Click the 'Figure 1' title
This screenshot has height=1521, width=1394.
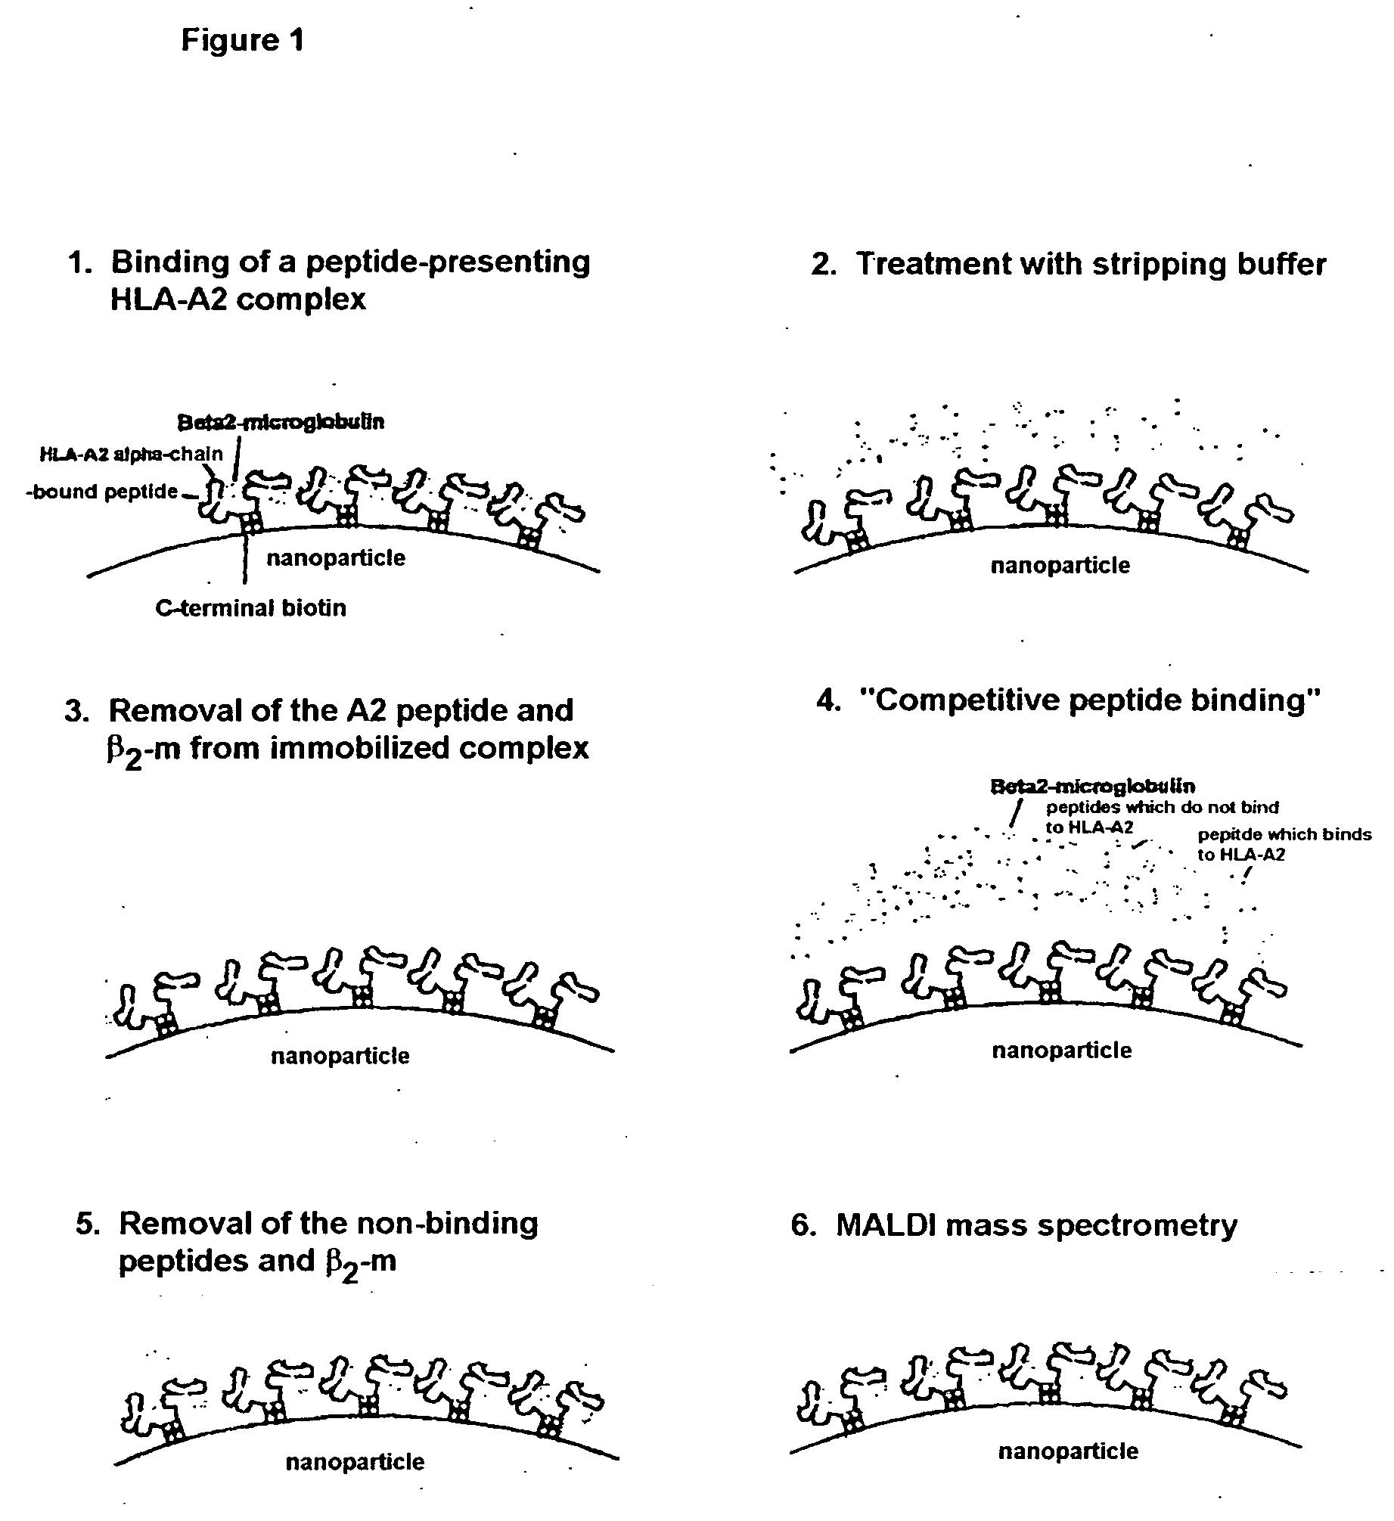(x=242, y=40)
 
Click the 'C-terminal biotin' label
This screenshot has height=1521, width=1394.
(x=250, y=608)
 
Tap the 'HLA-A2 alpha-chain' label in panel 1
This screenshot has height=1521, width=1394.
(x=132, y=454)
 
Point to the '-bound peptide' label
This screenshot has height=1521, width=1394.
(x=104, y=492)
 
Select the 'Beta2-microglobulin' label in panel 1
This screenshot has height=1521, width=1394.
(x=281, y=421)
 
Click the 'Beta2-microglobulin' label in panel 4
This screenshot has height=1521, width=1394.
(x=1093, y=787)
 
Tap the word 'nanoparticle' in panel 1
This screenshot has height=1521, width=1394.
(x=336, y=558)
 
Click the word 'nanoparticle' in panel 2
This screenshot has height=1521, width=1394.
(x=1060, y=566)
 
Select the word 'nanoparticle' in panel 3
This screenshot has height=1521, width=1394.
(x=340, y=1056)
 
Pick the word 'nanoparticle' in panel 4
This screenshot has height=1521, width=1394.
(x=1062, y=1051)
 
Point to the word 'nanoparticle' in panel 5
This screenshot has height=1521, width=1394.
(x=355, y=1462)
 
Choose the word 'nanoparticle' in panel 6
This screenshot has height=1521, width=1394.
(x=1068, y=1451)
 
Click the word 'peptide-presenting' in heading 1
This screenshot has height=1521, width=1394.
(x=448, y=262)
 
